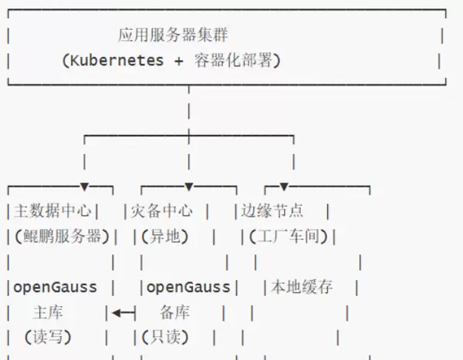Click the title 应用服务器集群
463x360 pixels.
coord(173,35)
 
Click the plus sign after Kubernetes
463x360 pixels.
coord(179,60)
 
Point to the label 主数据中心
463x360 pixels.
coord(52,210)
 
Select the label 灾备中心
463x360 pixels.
coord(161,210)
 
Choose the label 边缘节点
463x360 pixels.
coord(272,210)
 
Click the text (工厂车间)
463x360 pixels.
coord(285,236)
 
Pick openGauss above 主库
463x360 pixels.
coord(56,288)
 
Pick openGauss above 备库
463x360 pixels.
coord(188,288)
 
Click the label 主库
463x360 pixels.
coord(48,313)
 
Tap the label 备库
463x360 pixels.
coord(174,313)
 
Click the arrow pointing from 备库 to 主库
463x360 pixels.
coord(123,313)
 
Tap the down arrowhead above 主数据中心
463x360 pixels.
coord(84,187)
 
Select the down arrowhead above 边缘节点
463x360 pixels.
coord(283,187)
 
